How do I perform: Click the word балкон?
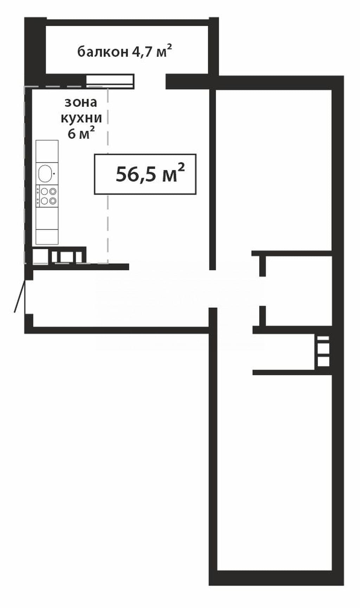tap(103, 52)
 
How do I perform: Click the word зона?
tap(81, 102)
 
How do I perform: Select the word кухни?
tap(82, 118)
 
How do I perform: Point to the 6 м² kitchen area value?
tap(81, 133)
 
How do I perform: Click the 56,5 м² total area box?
tap(145, 174)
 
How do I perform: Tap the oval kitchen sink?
tap(45, 173)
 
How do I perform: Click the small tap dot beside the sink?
tap(54, 173)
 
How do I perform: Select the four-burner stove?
tap(47, 196)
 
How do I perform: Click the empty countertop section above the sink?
tap(47, 151)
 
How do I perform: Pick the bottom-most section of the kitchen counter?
tap(47, 237)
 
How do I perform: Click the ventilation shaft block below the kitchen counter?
tap(59, 255)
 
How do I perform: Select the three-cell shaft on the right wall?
tap(323, 351)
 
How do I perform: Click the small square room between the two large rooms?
tap(298, 291)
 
